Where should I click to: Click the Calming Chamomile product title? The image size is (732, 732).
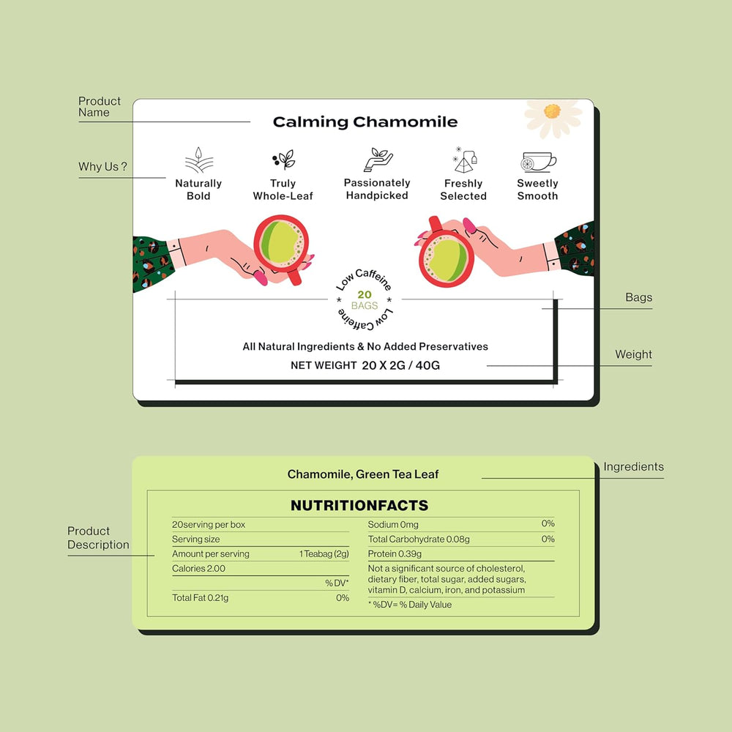365,122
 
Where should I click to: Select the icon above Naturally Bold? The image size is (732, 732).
199,160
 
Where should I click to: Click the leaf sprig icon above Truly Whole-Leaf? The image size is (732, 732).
283,160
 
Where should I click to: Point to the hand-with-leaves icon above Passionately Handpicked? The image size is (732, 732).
378,160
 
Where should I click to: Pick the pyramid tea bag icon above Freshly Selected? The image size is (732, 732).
465,160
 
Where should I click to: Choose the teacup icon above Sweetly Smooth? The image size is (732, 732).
538,162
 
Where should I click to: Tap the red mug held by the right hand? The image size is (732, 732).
445,255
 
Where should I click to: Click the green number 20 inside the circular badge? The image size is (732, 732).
365,294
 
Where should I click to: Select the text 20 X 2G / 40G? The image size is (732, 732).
400,365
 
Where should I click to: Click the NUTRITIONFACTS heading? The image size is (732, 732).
359,505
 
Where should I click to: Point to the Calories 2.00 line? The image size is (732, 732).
198,568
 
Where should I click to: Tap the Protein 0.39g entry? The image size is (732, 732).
395,553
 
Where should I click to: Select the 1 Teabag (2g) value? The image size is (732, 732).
324,553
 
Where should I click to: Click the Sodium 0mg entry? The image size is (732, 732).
393,524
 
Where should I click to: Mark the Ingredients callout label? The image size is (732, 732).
633,466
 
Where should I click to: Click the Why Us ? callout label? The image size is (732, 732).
102,167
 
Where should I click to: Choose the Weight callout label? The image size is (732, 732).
633,354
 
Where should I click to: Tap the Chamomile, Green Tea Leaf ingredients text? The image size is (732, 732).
363,474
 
